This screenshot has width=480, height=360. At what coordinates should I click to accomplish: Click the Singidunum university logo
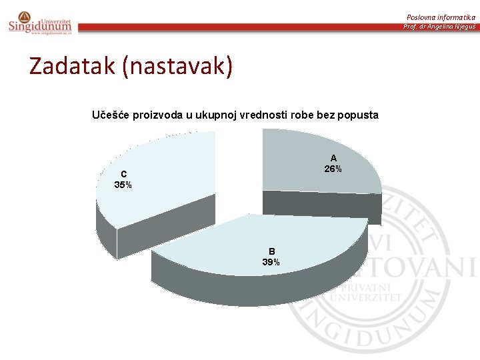coord(39,23)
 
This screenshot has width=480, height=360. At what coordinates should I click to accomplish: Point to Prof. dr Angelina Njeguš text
coord(439,26)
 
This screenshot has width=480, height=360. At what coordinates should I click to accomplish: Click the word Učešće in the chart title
coord(111,115)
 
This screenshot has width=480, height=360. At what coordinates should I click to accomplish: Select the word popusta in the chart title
coord(358,115)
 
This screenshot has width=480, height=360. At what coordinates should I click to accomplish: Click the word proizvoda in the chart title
coord(157,115)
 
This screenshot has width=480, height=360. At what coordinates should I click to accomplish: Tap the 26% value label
coord(333,169)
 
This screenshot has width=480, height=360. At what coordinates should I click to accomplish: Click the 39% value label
coord(271,262)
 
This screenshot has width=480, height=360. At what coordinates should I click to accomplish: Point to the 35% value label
coord(123,185)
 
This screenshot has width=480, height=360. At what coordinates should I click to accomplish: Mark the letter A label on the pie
coord(333,158)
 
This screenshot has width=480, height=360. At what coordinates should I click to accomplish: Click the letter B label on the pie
coord(271,251)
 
